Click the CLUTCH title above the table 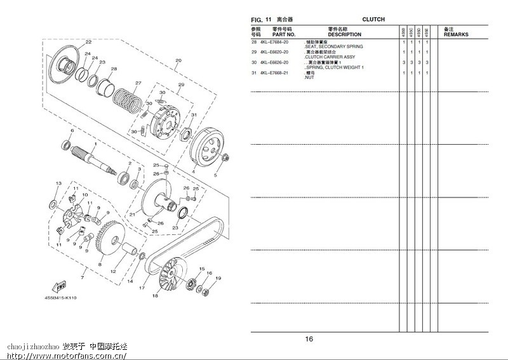pyautogui.click(x=373, y=20)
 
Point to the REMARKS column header pyautogui.click(x=455, y=34)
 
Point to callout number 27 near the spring pyautogui.click(x=138, y=83)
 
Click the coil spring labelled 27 pyautogui.click(x=128, y=96)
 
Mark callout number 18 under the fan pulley pyautogui.click(x=155, y=296)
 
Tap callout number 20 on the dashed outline pyautogui.click(x=178, y=62)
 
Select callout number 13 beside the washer pyautogui.click(x=58, y=183)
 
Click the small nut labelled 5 pyautogui.click(x=226, y=156)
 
